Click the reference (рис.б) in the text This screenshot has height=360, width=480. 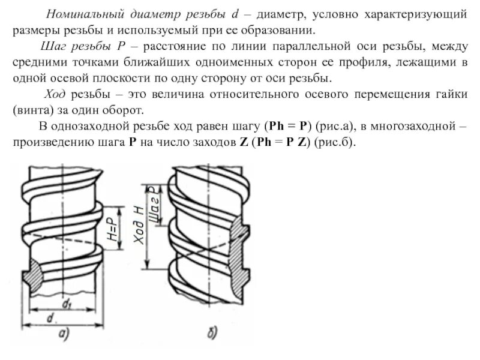tap(338, 144)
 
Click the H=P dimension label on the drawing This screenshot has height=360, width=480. tap(113, 228)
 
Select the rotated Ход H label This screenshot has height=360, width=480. tap(137, 225)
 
